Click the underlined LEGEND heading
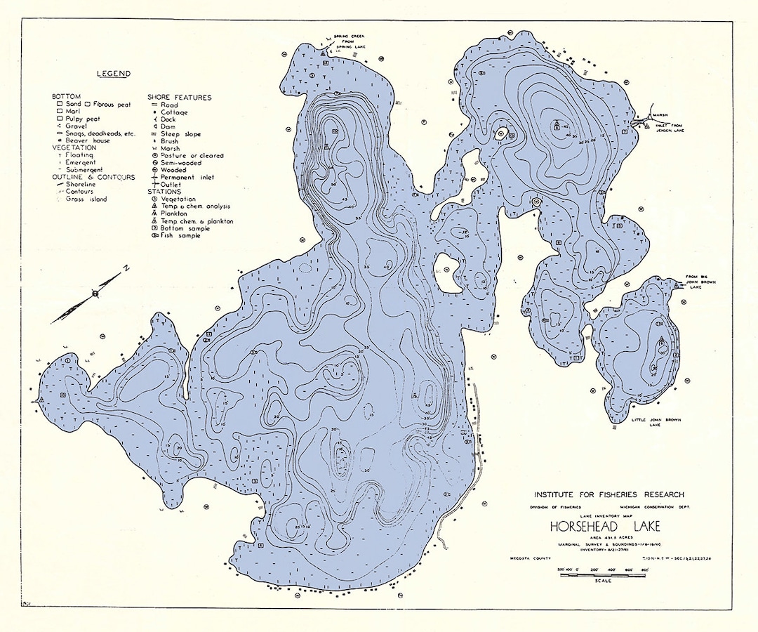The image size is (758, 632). pos(113,74)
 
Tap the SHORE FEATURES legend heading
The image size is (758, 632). pos(179,97)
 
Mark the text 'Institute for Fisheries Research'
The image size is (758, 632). pos(609,495)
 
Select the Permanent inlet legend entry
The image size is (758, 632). pos(185,177)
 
